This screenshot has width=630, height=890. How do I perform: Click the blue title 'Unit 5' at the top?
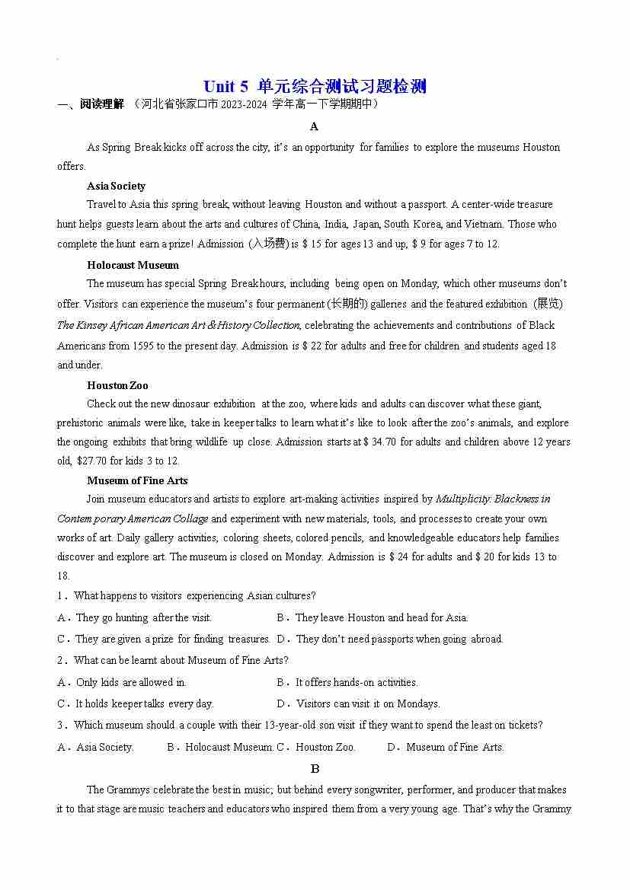(x=226, y=86)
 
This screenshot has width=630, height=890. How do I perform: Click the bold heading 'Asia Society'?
(x=116, y=186)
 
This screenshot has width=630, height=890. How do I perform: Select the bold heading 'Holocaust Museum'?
(x=133, y=265)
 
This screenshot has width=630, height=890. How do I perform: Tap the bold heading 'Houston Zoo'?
(x=117, y=385)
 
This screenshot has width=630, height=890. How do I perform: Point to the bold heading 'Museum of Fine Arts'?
(x=137, y=480)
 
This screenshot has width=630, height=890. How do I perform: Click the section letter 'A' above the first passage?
(x=315, y=126)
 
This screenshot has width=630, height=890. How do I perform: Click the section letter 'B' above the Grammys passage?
(x=315, y=769)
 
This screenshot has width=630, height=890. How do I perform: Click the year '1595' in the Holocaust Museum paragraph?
(x=148, y=346)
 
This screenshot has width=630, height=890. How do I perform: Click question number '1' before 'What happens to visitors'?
(x=60, y=595)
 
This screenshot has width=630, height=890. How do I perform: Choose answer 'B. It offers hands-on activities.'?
(x=347, y=682)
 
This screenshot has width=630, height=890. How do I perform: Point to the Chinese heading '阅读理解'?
(x=101, y=104)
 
